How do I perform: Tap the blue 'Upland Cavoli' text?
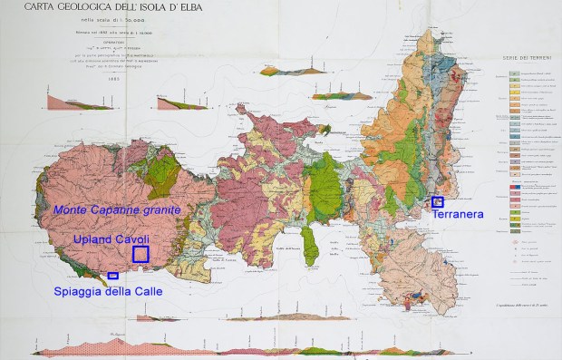(111, 238)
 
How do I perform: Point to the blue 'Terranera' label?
(457, 216)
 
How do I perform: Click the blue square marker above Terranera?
(438, 201)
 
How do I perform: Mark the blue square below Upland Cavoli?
(140, 254)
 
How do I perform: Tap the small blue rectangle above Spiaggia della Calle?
(112, 275)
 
